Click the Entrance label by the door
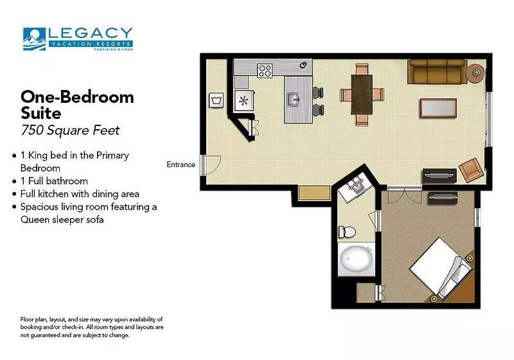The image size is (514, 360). click(181, 165)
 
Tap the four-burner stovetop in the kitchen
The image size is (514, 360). click(265, 71)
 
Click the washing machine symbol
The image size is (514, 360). click(217, 100)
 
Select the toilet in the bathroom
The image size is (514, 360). click(347, 232)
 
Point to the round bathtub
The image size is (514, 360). click(357, 259)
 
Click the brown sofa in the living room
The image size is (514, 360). click(438, 71)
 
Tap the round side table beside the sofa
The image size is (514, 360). click(475, 73)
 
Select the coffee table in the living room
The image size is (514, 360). click(438, 108)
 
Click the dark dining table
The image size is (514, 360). click(362, 94)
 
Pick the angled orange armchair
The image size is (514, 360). click(471, 170)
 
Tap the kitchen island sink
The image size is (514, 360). click(293, 100)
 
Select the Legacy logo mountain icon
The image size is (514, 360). click(34, 39)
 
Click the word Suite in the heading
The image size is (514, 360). click(41, 113)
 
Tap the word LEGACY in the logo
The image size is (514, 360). click(91, 33)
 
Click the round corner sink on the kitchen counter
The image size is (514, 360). click(303, 64)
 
